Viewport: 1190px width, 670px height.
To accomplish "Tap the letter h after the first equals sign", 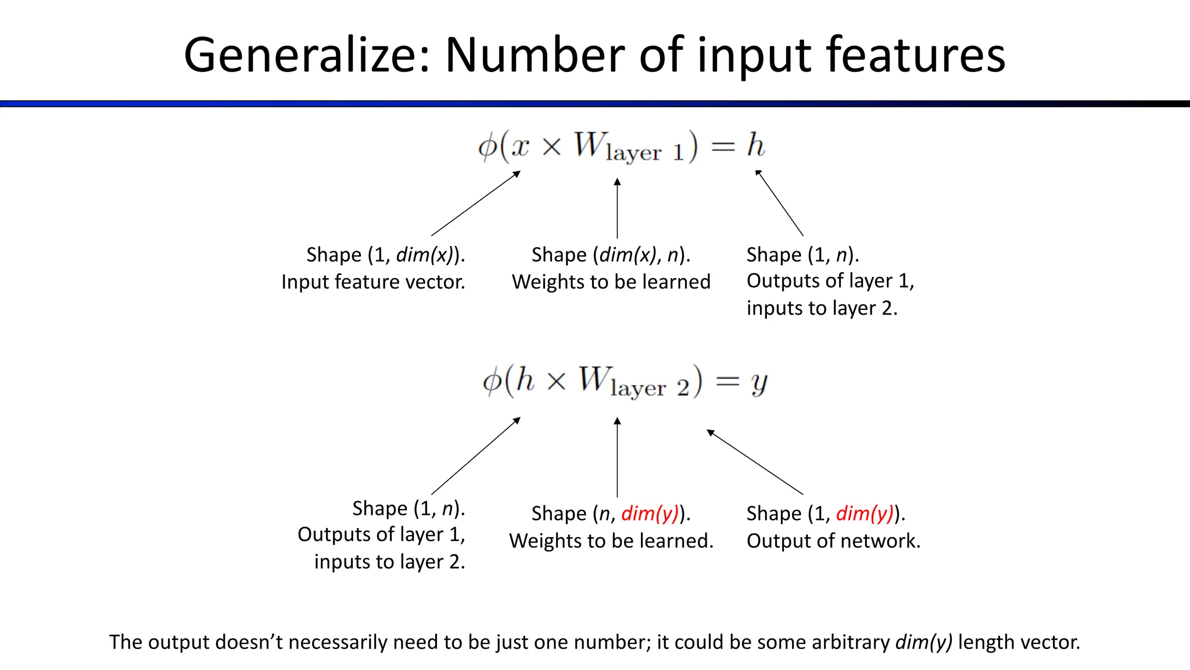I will point(755,145).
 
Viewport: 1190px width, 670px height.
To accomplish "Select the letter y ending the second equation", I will point(759,383).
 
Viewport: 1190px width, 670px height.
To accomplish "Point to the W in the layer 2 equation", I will point(594,379).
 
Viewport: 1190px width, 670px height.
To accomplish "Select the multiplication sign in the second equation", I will point(556,382).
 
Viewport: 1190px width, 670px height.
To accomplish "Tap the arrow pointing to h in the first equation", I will point(779,203).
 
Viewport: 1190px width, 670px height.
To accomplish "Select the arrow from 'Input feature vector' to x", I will point(475,203).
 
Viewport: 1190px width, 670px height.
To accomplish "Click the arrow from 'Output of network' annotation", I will point(755,462).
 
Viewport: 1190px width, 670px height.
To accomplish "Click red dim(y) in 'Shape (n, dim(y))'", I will point(650,514).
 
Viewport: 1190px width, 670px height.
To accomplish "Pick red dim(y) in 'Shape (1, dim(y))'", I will point(865,514).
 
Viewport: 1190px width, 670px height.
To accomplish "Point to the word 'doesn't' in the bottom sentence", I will point(249,642).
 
